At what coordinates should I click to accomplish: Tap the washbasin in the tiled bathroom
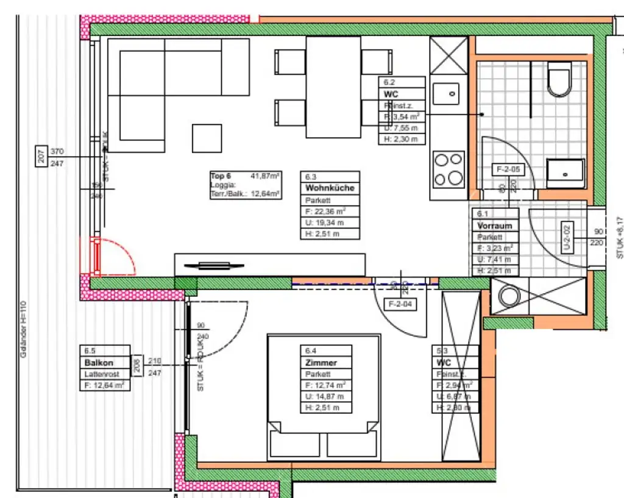565,173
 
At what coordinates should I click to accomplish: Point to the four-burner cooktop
448,169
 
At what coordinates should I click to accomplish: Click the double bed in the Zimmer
324,397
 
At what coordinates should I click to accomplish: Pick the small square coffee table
207,138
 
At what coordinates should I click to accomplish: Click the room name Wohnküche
330,188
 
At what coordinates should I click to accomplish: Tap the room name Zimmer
321,363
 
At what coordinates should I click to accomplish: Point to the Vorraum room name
494,226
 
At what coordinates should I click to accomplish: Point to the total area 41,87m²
266,176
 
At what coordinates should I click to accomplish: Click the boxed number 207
41,157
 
